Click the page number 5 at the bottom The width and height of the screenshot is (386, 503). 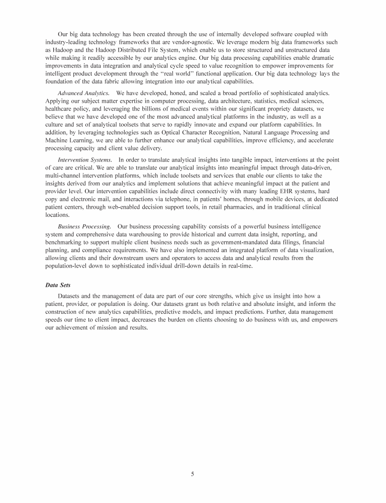(193, 474)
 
